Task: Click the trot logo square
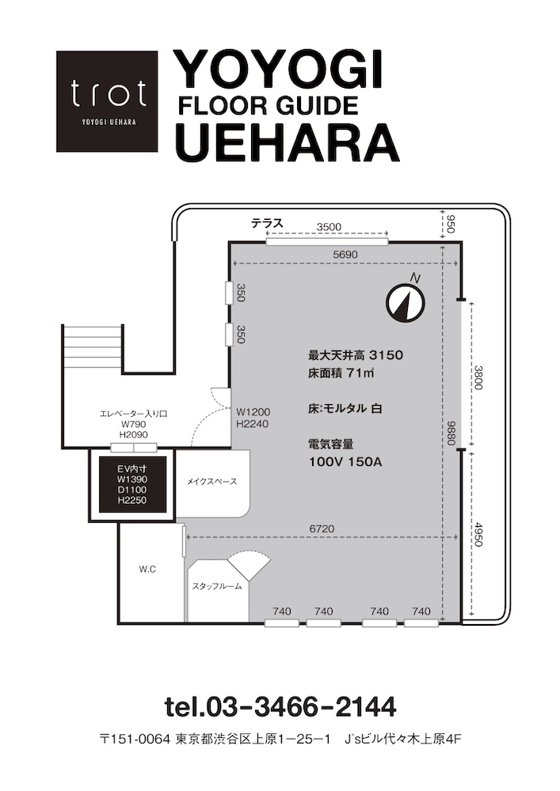pyautogui.click(x=107, y=101)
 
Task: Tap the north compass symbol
pyautogui.click(x=406, y=302)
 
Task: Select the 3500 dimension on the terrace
pyautogui.click(x=329, y=227)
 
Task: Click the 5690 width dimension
pyautogui.click(x=345, y=255)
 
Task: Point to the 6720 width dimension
pyautogui.click(x=322, y=528)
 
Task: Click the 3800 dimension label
pyautogui.click(x=478, y=377)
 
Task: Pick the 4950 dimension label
pyautogui.click(x=478, y=534)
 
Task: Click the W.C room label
pyautogui.click(x=147, y=570)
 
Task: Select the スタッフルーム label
pyautogui.click(x=217, y=586)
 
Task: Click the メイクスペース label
pyautogui.click(x=212, y=482)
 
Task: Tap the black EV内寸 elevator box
pyautogui.click(x=132, y=484)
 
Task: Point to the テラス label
pyautogui.click(x=267, y=223)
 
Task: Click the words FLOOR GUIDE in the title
pyautogui.click(x=269, y=106)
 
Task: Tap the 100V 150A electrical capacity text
pyautogui.click(x=345, y=462)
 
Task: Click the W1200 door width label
pyautogui.click(x=253, y=413)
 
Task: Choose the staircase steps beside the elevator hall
pyautogui.click(x=93, y=347)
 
